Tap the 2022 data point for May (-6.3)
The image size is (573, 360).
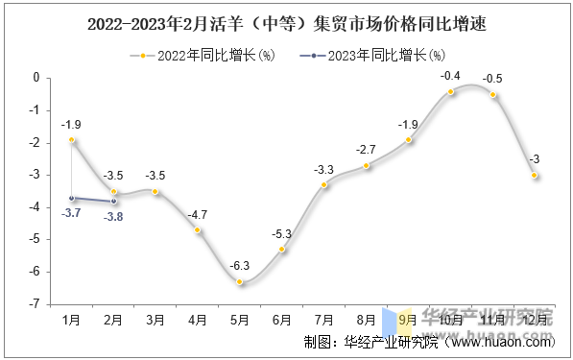tap(240, 282)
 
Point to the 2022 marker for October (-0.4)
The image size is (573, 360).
tap(450, 91)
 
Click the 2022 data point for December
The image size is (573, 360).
tap(535, 176)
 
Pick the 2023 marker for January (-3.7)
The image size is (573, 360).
tap(71, 198)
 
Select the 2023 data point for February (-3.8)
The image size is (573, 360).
tap(113, 201)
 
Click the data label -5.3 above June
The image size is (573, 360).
tap(281, 233)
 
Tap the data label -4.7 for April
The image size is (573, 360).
tap(198, 214)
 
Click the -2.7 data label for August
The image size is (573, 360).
tap(366, 150)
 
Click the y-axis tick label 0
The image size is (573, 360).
tap(36, 78)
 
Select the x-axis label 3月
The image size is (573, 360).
tap(155, 319)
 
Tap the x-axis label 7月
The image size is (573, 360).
tap(323, 319)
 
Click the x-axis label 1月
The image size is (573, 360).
tap(71, 319)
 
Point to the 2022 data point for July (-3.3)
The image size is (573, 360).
tap(324, 184)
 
